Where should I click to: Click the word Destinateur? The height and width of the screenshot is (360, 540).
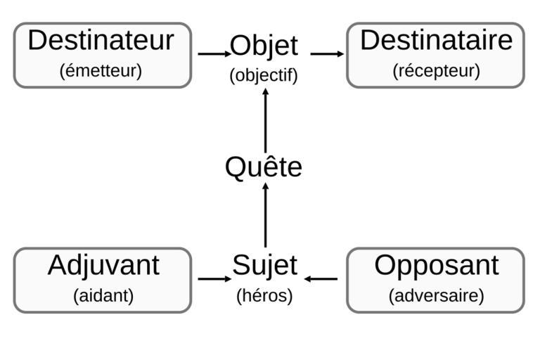point(101,40)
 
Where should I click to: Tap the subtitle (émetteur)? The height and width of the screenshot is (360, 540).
point(101,71)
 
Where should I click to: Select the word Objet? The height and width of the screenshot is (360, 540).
point(264,46)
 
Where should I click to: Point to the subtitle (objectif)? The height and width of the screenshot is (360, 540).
point(264,75)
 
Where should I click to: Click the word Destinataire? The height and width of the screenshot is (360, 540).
point(437,40)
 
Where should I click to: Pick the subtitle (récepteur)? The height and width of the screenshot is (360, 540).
point(437,71)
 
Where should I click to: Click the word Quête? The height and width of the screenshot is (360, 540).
point(264,166)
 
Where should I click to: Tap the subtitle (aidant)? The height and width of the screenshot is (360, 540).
point(103,295)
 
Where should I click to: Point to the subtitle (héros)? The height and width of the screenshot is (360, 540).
point(264,295)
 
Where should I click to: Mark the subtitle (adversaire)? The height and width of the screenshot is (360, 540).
point(437,295)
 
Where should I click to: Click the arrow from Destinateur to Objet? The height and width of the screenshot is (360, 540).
point(214,53)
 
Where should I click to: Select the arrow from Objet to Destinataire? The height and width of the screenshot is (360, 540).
point(327,53)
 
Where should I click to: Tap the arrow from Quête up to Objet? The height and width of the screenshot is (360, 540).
point(266,120)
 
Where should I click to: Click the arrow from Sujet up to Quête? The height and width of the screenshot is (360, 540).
point(266,215)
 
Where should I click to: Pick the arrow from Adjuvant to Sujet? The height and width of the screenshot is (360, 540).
point(214,278)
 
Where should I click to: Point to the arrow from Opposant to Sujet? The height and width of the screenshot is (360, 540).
point(321,278)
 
